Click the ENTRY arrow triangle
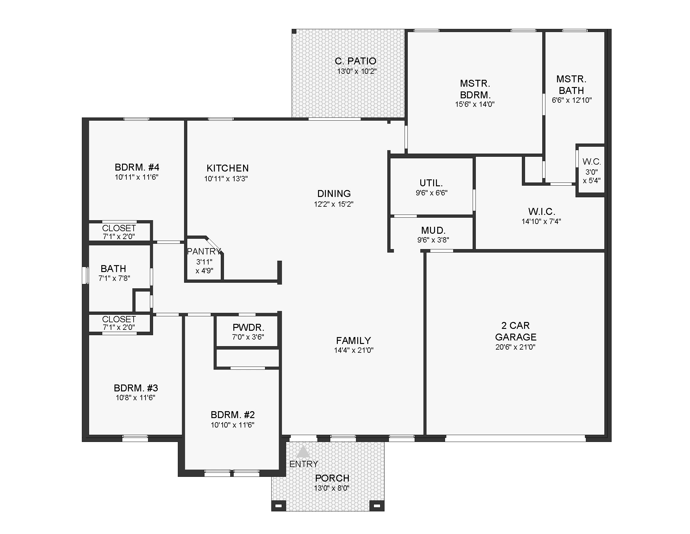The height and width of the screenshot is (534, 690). [x=303, y=452]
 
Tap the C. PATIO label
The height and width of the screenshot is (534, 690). [x=355, y=61]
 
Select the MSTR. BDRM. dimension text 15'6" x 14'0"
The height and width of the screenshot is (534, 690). [x=475, y=104]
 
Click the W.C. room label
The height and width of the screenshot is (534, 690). [x=592, y=162]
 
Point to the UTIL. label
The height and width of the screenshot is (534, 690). [x=431, y=183]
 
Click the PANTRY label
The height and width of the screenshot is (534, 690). [x=204, y=251]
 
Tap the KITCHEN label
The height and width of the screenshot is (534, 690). [x=227, y=168]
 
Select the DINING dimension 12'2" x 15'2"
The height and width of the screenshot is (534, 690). [x=334, y=204]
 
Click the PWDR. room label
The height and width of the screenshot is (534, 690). [x=248, y=327]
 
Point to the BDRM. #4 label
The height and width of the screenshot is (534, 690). [x=137, y=167]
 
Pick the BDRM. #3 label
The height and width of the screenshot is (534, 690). [x=136, y=388]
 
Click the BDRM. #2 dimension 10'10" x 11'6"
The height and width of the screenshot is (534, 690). [x=232, y=425]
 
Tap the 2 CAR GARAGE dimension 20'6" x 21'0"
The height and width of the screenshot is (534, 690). [x=515, y=347]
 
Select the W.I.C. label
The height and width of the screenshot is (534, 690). [x=542, y=211]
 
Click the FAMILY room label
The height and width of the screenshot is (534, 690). [x=353, y=341]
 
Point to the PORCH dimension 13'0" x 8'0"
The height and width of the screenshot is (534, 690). [x=332, y=488]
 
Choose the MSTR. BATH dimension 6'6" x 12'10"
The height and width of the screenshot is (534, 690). [x=572, y=100]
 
